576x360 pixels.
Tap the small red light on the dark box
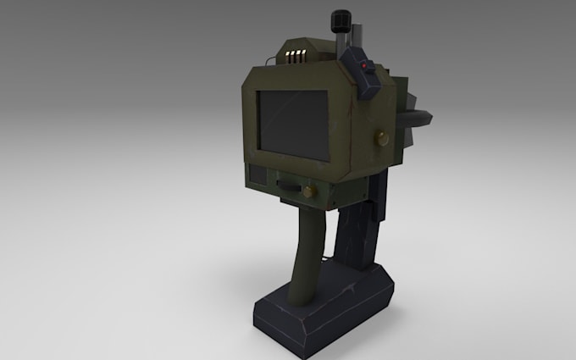[363, 65]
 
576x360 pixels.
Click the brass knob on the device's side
[379, 136]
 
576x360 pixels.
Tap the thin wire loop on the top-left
[269, 60]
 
